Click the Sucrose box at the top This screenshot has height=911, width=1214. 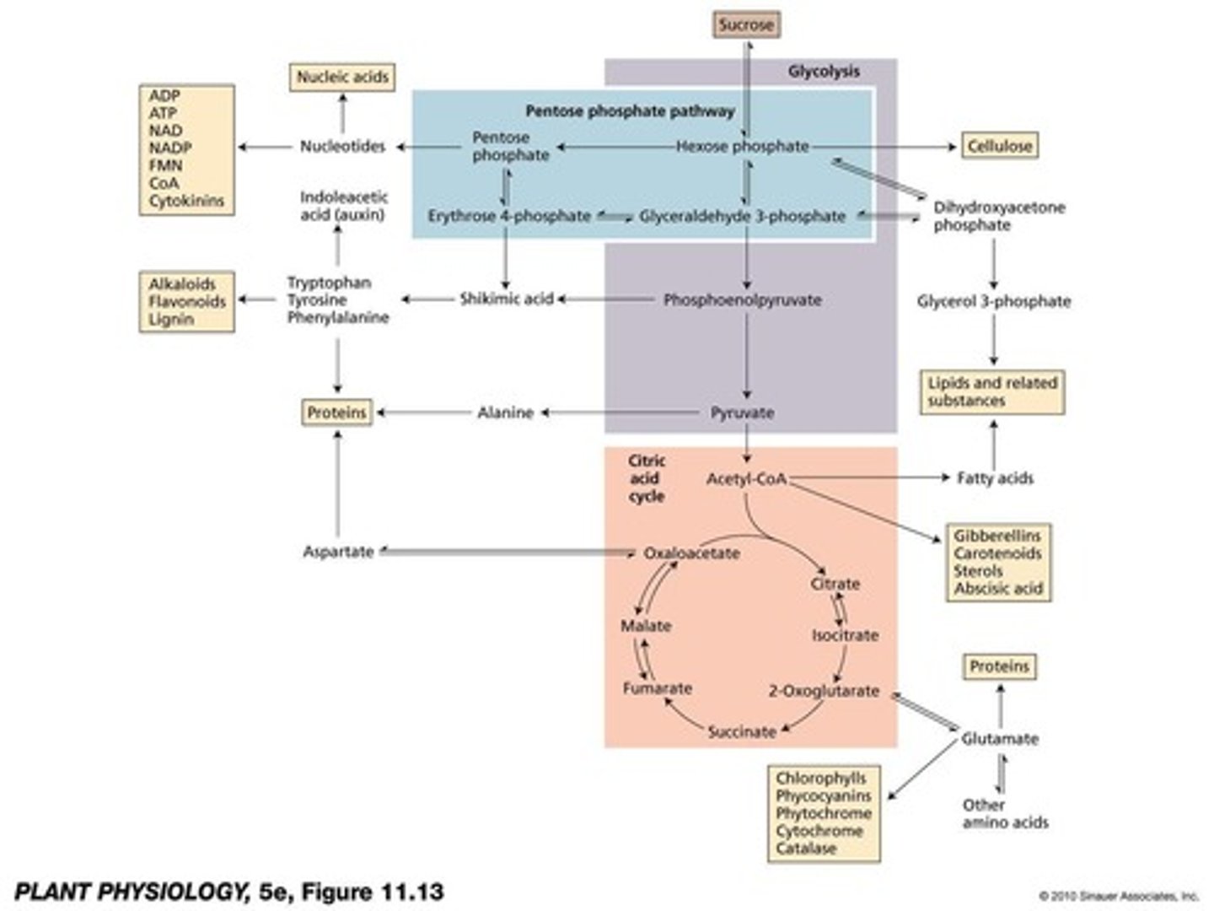pos(745,24)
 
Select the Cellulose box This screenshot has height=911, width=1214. pos(999,146)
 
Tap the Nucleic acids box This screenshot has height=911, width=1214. pos(342,77)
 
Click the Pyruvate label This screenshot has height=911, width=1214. pos(742,412)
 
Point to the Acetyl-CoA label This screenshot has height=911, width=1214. pos(746,479)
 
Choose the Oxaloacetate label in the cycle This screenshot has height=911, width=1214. pos(691,553)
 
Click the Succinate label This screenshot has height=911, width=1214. pos(742,731)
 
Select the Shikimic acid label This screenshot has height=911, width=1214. pos(506,299)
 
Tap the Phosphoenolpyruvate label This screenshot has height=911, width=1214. pos(742,299)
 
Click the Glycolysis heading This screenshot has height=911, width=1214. pos(824,72)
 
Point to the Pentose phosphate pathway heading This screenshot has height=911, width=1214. pos(630,111)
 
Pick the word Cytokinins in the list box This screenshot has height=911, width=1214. pos(186,201)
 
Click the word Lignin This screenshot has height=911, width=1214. pos(171,319)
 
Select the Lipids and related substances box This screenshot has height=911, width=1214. pos(991,392)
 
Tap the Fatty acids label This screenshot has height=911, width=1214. pos(995,478)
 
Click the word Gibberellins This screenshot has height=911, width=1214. pos(997,536)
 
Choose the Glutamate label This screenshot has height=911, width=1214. pos(1000,739)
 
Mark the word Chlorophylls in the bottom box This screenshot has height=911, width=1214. pos(820,778)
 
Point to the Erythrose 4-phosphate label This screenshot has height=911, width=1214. pos(509,216)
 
